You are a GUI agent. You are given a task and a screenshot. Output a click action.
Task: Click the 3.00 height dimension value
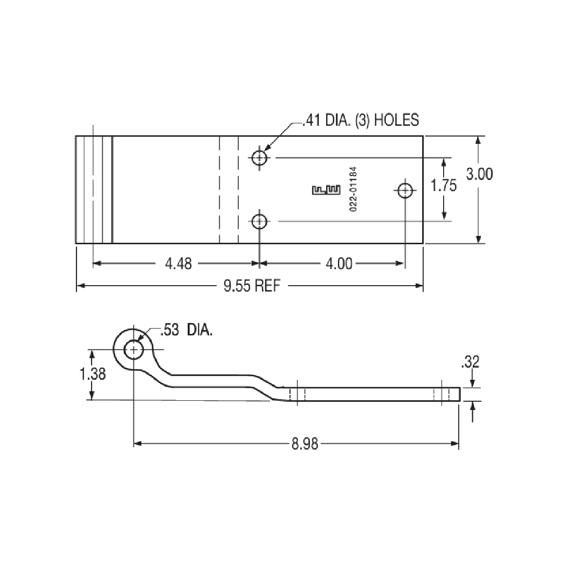(x=479, y=174)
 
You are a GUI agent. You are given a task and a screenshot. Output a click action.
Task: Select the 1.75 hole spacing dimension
(x=444, y=186)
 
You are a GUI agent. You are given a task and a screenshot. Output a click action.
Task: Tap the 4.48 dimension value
(x=178, y=264)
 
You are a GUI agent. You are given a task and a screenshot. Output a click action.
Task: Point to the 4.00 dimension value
(x=338, y=264)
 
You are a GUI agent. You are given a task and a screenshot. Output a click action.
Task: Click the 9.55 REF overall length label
(x=252, y=286)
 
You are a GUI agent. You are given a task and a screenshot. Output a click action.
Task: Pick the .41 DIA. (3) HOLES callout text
(x=360, y=120)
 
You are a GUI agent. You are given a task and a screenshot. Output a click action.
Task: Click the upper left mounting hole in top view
(x=259, y=157)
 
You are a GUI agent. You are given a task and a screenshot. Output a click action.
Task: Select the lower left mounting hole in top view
(x=259, y=222)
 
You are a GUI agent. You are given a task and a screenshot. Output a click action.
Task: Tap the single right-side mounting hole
(x=405, y=190)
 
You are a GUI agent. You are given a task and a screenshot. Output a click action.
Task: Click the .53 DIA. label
(x=187, y=332)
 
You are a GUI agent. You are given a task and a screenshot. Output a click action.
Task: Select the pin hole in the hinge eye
(x=133, y=350)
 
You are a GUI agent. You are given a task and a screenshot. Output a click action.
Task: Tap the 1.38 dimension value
(x=92, y=374)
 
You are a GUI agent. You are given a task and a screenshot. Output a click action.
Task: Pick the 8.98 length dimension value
(x=305, y=444)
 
